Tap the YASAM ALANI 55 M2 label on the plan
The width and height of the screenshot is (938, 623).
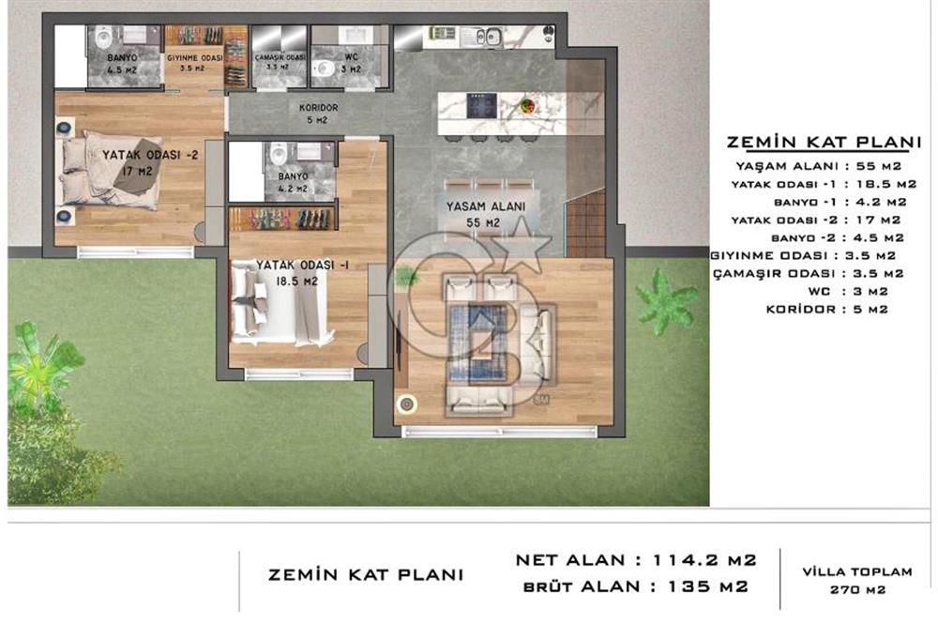coord(485,214)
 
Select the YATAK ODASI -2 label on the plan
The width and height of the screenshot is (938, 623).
coord(140,163)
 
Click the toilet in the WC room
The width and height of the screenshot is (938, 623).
coord(324,67)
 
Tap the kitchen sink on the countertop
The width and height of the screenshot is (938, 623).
coord(486,38)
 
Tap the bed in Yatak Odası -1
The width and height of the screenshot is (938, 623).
coord(279,301)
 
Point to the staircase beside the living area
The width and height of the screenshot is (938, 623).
coord(585,224)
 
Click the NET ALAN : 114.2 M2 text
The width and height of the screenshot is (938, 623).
coord(635,560)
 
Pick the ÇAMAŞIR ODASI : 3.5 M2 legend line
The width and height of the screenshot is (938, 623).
coord(808,273)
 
